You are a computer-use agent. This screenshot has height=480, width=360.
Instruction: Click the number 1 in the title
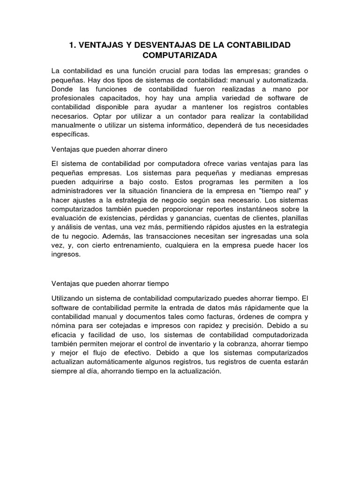point(72,45)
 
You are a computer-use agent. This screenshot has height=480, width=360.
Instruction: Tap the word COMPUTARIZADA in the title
point(180,55)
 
